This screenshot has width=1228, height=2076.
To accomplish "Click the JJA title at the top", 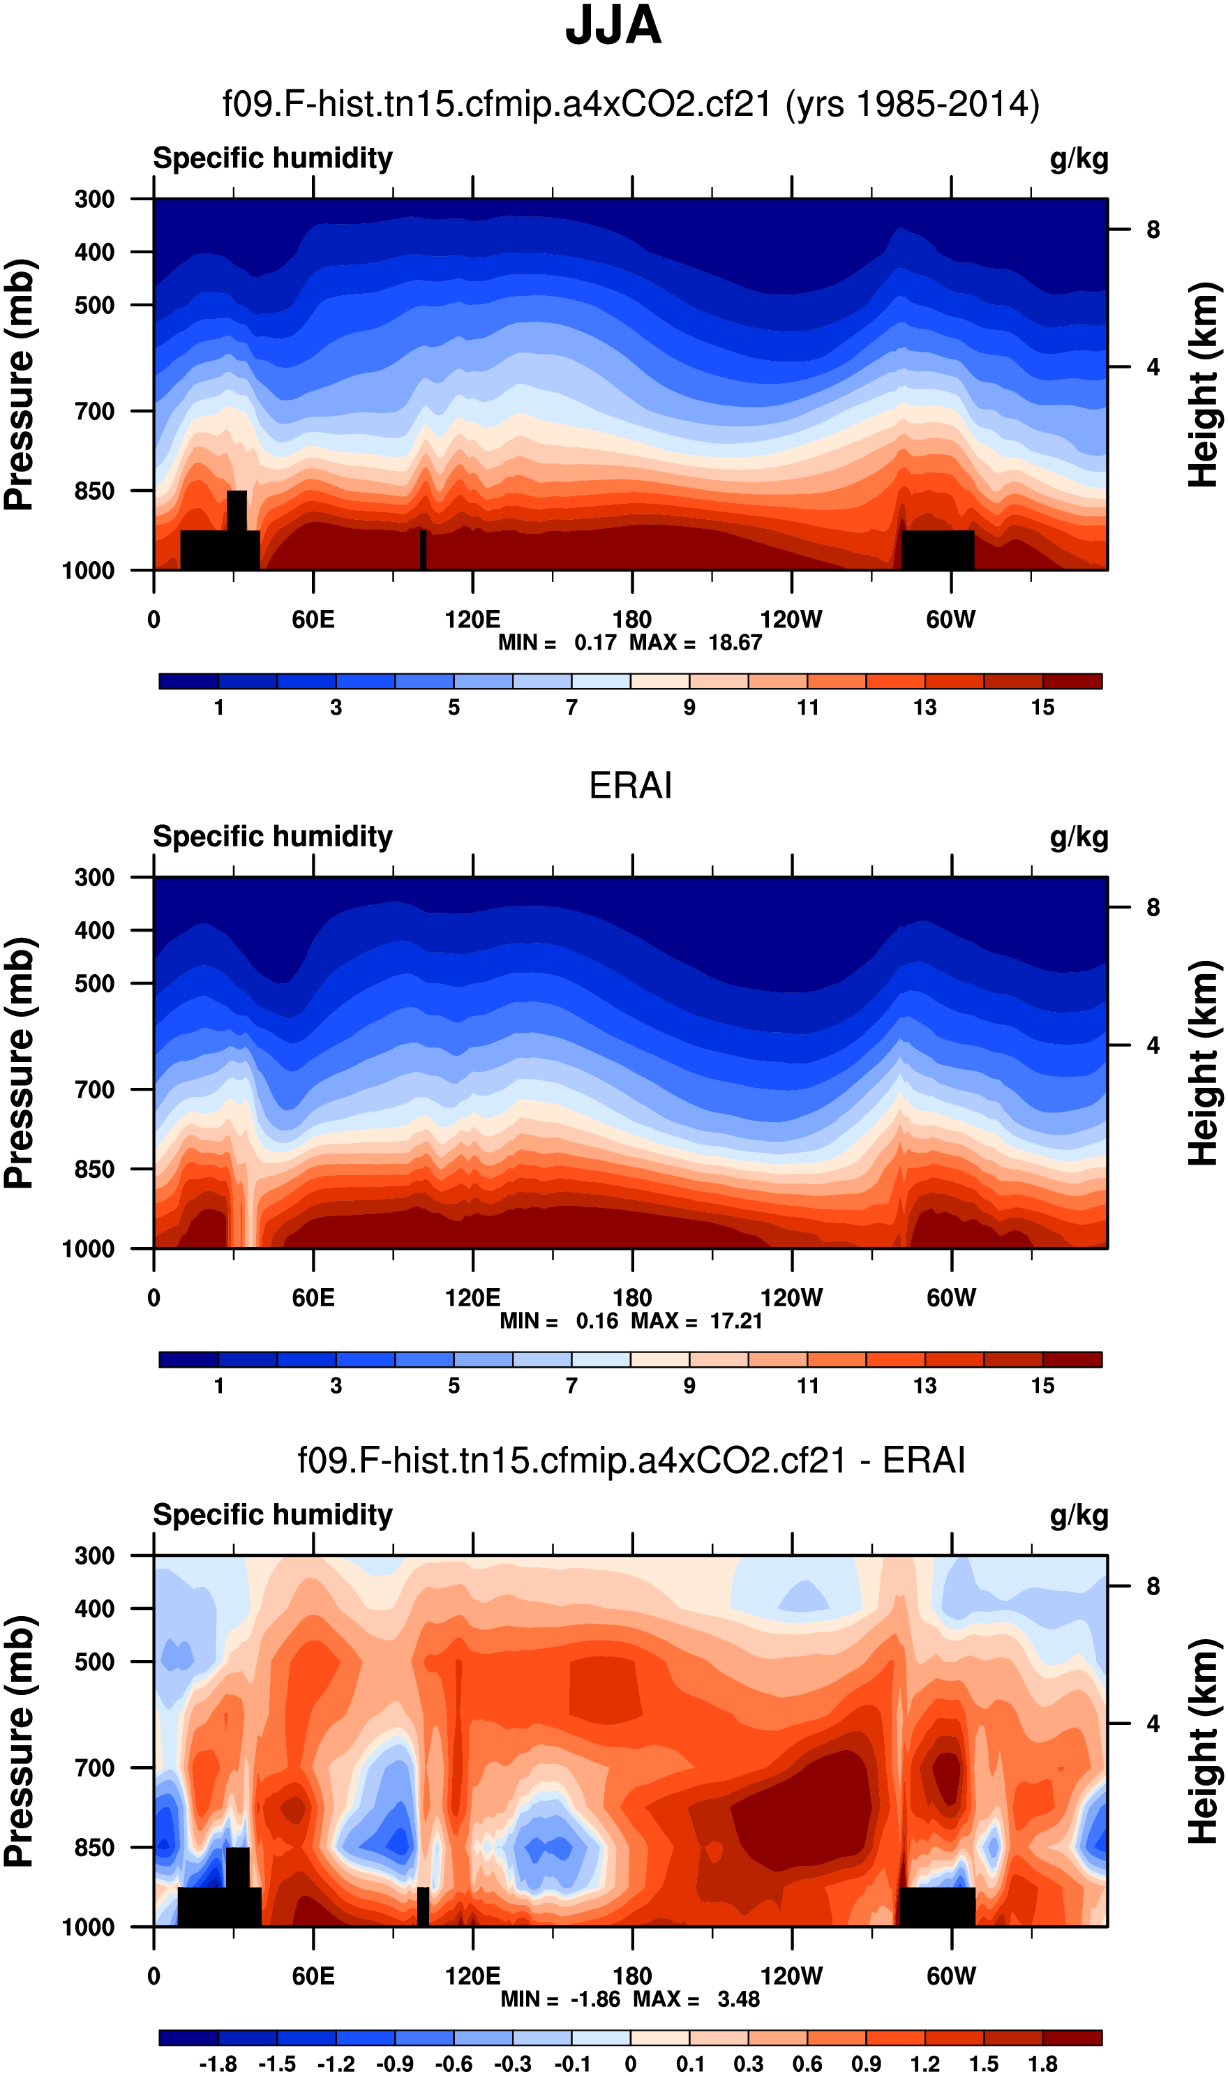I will point(613,27).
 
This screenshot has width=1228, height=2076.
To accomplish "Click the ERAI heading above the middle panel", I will point(630,785).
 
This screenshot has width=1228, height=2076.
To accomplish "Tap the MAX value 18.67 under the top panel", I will point(735,642).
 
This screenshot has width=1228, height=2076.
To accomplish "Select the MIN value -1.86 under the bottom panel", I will point(595,1999).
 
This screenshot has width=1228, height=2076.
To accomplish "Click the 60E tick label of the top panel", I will point(313,619).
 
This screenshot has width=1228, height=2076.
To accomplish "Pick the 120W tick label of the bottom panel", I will point(791,1976).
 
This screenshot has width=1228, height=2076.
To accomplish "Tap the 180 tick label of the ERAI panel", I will point(631,1297).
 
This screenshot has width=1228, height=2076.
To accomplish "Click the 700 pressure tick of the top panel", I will point(94,411).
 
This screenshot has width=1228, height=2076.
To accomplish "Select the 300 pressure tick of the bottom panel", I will point(94,1555).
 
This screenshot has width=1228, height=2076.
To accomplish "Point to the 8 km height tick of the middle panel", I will point(1153,908).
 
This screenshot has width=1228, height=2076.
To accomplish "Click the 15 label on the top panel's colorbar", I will point(1042,708).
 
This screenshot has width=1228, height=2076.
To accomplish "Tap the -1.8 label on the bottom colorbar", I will point(218,2064).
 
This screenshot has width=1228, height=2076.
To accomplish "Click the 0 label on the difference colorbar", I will point(631,2064).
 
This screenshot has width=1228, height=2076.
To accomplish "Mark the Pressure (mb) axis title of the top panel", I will point(20,384).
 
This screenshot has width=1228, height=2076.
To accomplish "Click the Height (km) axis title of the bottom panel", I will point(1204,1742).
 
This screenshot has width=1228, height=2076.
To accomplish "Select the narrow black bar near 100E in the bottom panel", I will point(423,1906).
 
